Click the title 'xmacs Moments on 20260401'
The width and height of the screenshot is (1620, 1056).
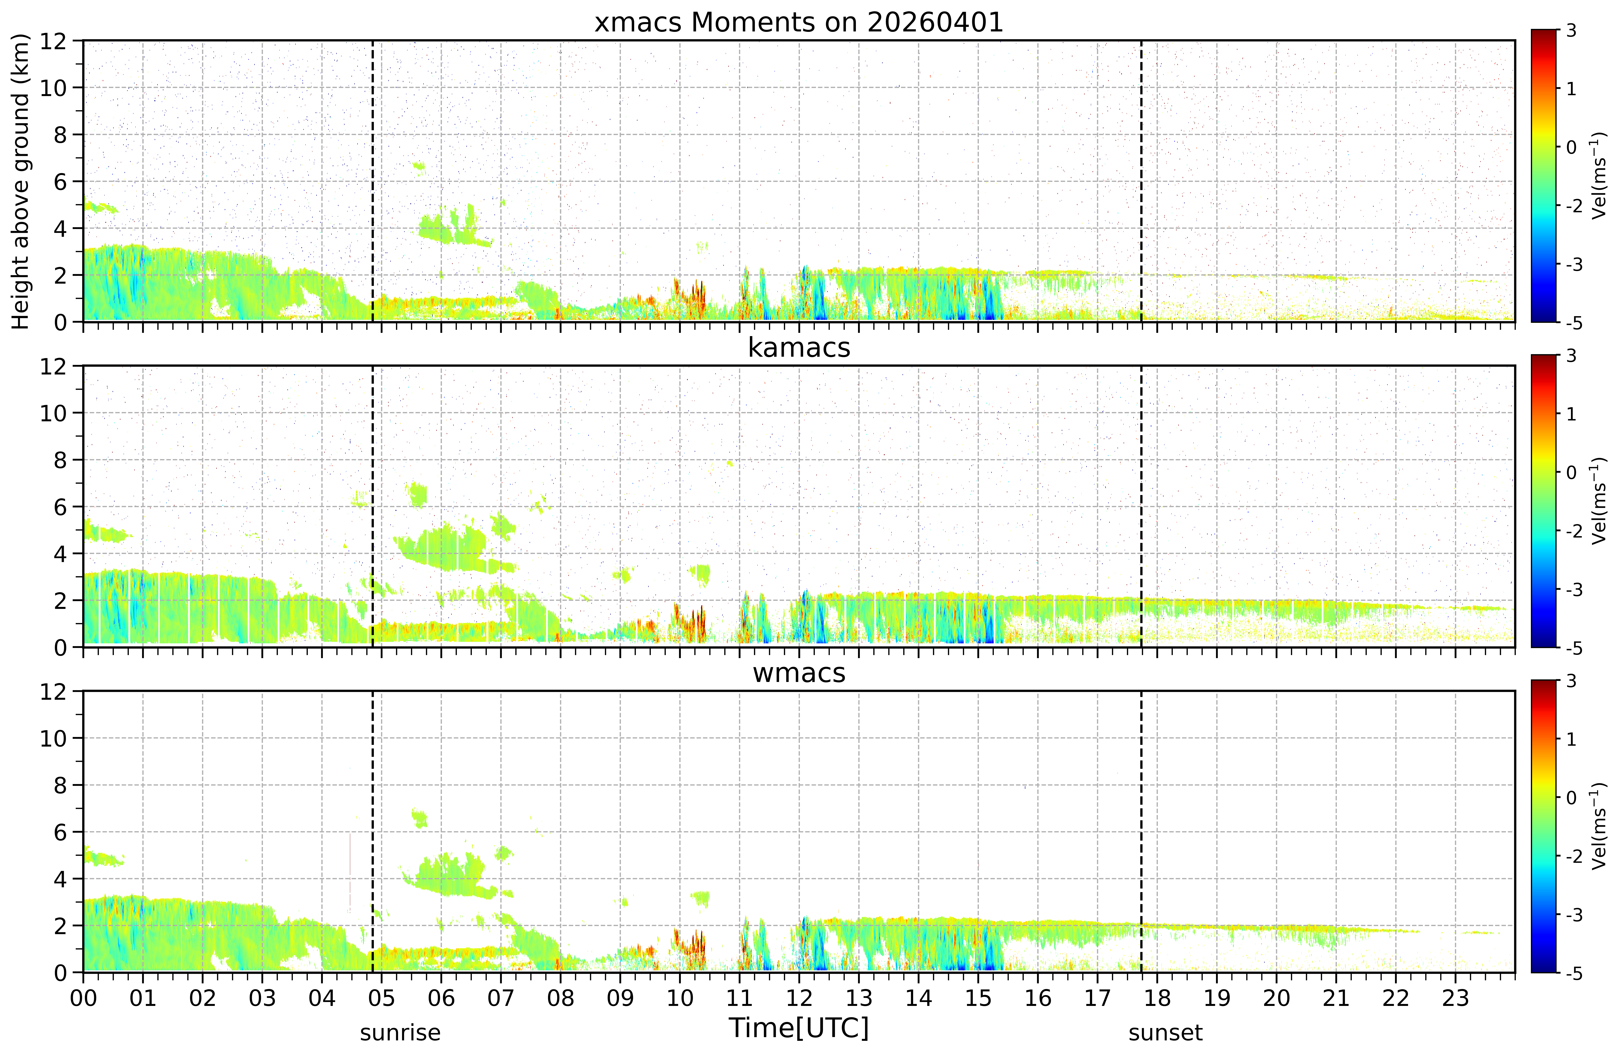(x=799, y=23)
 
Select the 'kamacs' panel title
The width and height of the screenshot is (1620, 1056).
(x=799, y=348)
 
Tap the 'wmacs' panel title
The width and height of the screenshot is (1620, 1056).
(x=799, y=673)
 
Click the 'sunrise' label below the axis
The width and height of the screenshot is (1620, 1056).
(x=400, y=1033)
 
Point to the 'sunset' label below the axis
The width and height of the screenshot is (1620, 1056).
(x=1165, y=1033)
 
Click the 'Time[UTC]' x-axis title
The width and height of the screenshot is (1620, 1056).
(x=799, y=1028)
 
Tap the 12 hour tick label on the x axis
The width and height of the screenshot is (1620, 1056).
(x=799, y=998)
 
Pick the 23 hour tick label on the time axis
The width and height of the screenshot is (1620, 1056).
(x=1455, y=998)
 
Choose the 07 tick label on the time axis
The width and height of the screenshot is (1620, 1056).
(x=501, y=998)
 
